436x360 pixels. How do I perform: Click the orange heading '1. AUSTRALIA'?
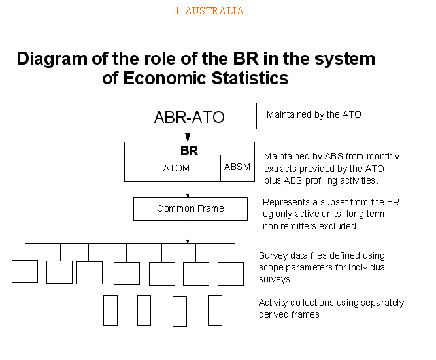[209, 11]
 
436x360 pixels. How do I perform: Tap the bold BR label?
[189, 150]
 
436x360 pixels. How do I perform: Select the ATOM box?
[173, 168]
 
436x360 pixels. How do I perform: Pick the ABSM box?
[237, 168]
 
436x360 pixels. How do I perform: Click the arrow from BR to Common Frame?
[188, 189]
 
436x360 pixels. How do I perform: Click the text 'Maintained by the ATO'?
[314, 114]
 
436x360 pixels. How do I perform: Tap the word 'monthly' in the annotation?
[383, 157]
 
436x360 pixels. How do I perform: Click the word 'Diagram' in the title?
[52, 59]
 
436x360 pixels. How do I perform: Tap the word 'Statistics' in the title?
[250, 78]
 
